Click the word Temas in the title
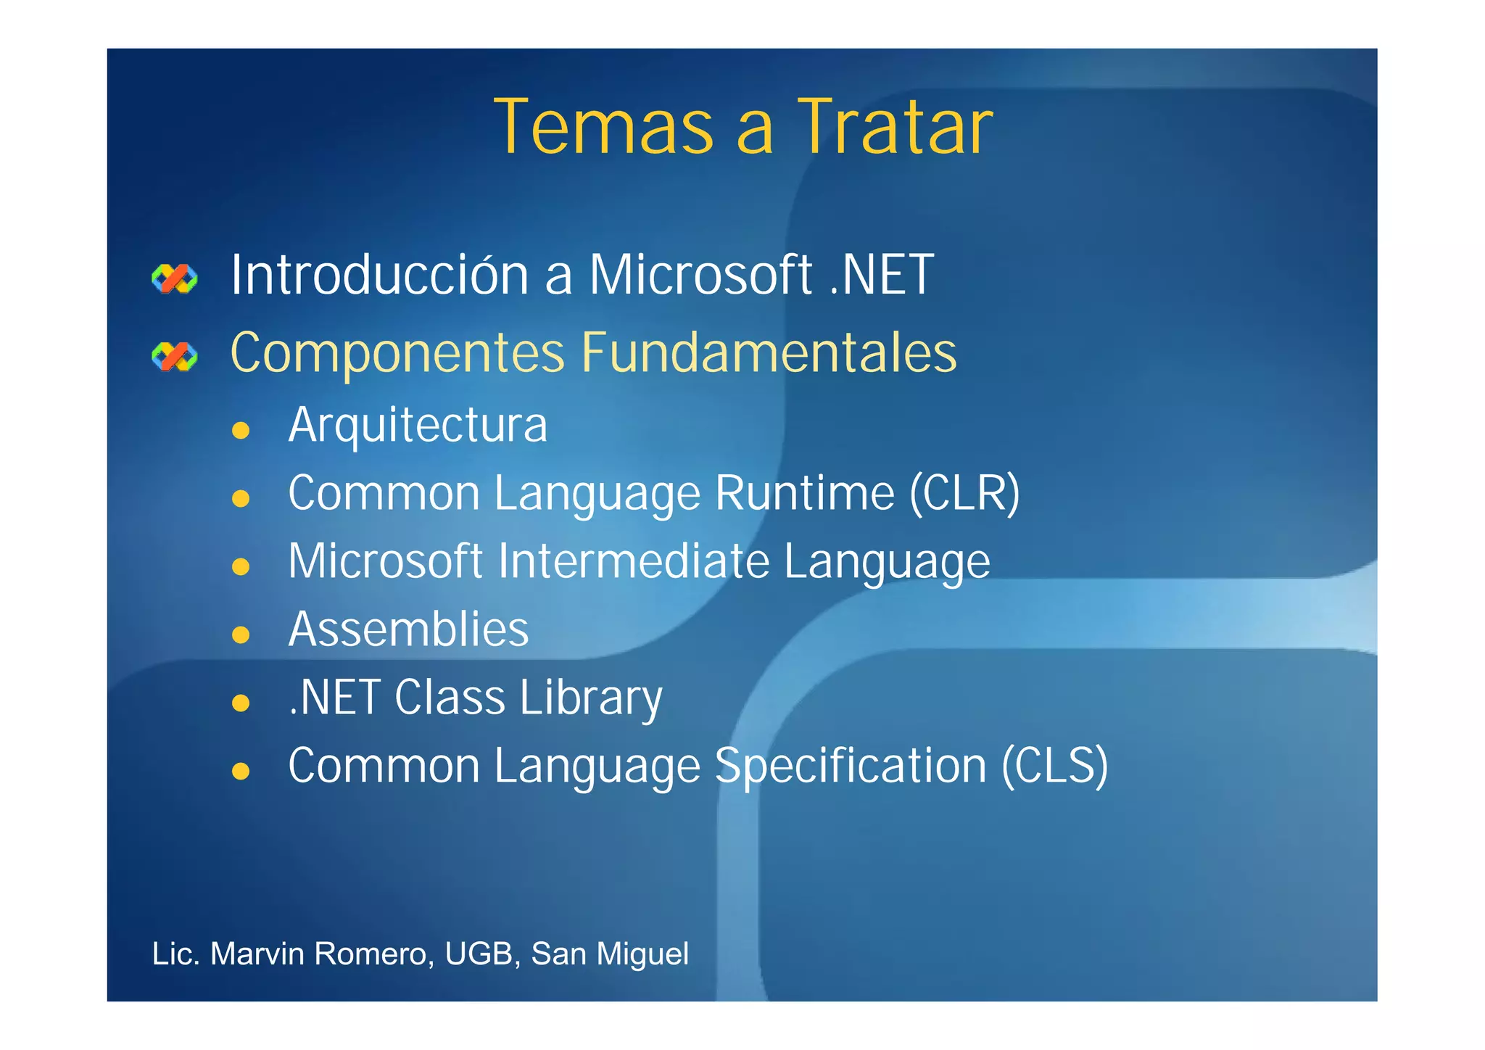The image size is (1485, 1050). point(603,128)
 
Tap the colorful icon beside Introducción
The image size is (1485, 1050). point(174,278)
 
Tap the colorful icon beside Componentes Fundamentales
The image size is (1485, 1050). point(174,356)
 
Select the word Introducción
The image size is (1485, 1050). point(379,276)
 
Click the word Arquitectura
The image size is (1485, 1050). point(418,426)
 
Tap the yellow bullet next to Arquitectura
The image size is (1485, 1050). point(241,431)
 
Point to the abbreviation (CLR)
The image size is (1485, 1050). point(964,494)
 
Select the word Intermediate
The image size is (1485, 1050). point(634,562)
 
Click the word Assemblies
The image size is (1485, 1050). point(408,629)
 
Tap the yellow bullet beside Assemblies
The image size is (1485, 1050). point(241,635)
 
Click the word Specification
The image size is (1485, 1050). point(851,766)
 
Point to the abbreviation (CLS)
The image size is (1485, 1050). point(1054,766)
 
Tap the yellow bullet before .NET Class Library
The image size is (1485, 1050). point(241,703)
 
